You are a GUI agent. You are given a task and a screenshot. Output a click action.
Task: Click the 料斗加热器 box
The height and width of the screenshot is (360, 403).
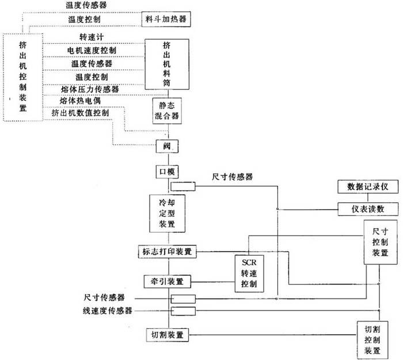[166, 20]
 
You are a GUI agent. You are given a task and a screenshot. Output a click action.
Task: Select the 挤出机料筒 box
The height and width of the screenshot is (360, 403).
[166, 64]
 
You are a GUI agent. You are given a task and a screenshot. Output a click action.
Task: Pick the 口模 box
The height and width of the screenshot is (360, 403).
[166, 172]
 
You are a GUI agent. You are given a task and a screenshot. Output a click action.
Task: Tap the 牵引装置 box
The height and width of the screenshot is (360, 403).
[166, 282]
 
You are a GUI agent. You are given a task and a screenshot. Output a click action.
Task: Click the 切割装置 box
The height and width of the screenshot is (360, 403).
[166, 335]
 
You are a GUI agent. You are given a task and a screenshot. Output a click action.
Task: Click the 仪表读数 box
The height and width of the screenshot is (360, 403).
[364, 209]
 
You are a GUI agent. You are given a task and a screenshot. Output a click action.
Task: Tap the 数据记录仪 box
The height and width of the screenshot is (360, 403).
[364, 187]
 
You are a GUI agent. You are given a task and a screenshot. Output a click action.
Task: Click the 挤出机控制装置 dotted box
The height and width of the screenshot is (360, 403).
[23, 76]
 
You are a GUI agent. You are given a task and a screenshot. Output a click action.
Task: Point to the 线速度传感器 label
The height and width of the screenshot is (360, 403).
[108, 311]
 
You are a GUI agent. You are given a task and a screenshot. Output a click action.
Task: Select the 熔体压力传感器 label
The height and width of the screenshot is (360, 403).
[90, 89]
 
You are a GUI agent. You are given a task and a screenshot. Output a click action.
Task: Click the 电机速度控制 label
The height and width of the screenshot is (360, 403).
[92, 50]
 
